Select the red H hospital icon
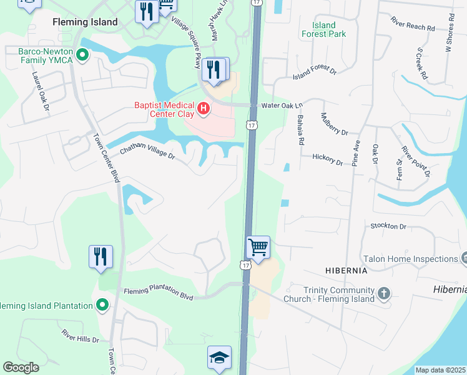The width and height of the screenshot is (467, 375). point(203,109)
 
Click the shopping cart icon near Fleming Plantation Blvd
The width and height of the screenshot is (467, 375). point(258,247)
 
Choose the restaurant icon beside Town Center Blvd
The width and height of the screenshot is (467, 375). point(101,256)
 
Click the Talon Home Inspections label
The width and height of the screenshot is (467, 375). point(410,259)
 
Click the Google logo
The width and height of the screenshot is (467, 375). point(21,367)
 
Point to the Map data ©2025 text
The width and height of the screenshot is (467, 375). point(440,370)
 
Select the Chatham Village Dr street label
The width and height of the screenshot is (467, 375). point(148,152)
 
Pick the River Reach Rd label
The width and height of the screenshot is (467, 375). point(413,27)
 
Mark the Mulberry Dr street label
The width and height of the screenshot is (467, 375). point(334,124)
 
